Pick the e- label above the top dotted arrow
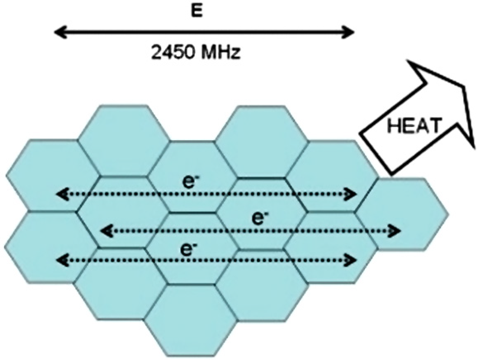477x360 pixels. point(189,181)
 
